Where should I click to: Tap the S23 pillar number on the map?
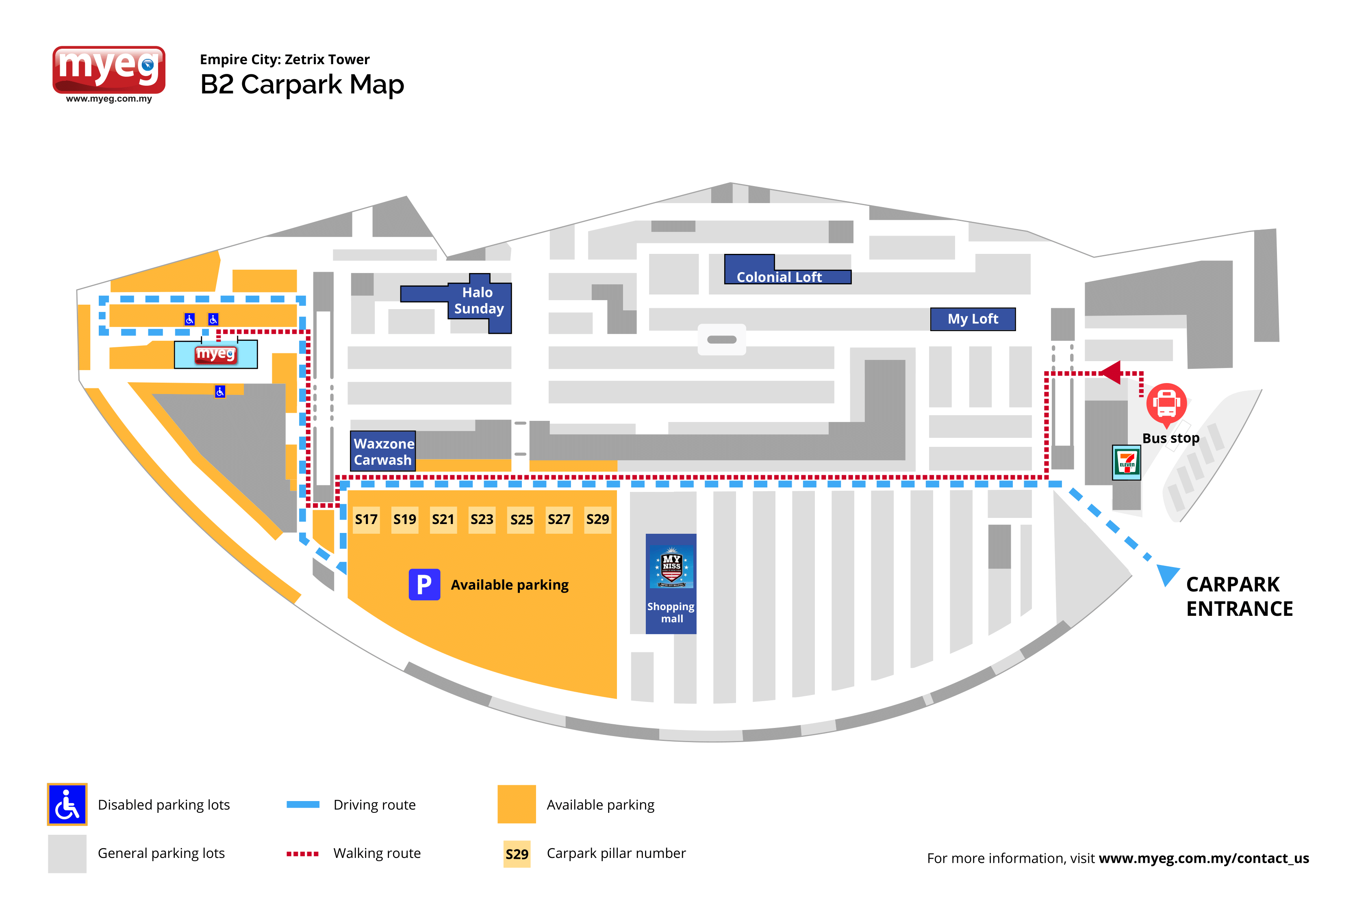pos(482,520)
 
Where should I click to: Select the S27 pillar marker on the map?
pos(559,520)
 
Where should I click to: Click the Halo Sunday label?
pos(478,301)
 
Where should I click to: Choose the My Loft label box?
pos(973,319)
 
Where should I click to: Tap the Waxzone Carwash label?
pos(383,452)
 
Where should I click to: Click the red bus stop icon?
pos(1166,404)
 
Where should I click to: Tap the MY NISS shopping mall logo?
pos(671,567)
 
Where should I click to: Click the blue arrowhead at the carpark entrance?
pos(1167,574)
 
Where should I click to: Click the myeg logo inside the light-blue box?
pos(215,353)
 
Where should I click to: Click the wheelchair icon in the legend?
pos(67,805)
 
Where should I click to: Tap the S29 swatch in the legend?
pos(517,854)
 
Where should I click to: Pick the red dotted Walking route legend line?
pos(302,853)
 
